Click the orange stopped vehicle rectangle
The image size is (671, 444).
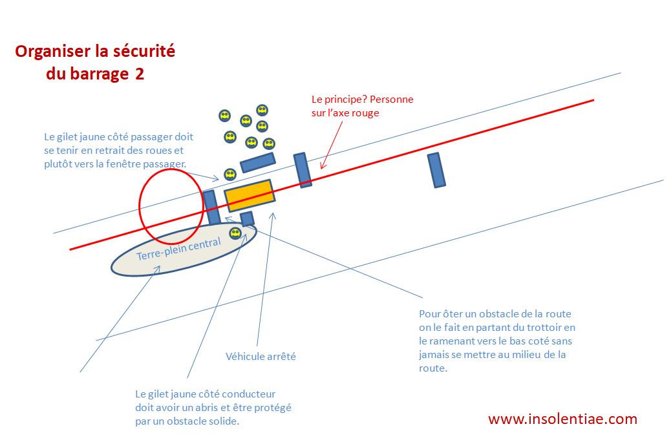[x=249, y=196]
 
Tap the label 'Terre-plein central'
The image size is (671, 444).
[x=178, y=249]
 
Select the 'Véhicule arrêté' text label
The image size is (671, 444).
[x=261, y=356]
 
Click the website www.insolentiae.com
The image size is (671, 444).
[x=562, y=419]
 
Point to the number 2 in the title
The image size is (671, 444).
[x=140, y=74]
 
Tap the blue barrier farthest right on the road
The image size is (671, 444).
[x=437, y=170]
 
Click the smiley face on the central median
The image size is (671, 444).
[x=235, y=233]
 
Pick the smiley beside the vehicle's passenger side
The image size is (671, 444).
[x=229, y=174]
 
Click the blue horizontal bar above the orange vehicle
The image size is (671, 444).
[x=258, y=162]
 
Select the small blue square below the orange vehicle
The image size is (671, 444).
[x=247, y=218]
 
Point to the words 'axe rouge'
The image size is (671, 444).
[x=358, y=112]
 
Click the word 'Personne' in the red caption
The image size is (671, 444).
[x=391, y=100]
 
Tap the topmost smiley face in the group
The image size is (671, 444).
[x=262, y=110]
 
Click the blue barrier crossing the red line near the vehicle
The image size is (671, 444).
[x=303, y=170]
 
